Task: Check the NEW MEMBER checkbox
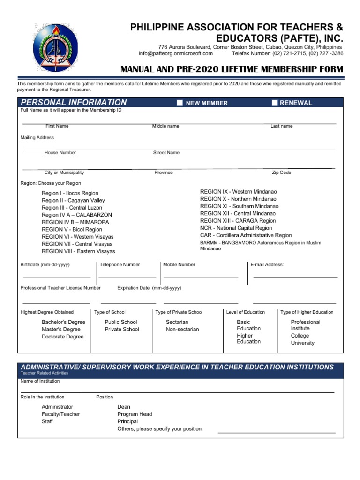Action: [180, 103]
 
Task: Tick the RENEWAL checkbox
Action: [275, 103]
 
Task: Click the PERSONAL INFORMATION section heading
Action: [74, 103]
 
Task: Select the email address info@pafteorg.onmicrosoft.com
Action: [176, 53]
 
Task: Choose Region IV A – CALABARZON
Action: [76, 215]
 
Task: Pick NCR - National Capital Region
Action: [236, 228]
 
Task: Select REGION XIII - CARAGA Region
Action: [238, 220]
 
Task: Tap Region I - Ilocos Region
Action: [70, 193]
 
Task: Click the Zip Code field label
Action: [281, 172]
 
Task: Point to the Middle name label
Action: [165, 126]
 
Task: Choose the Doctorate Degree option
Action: [62, 337]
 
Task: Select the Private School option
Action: [122, 329]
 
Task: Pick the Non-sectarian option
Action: [182, 329]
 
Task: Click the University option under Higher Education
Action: [302, 343]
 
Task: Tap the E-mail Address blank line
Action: [295, 277]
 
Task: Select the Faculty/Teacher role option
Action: [60, 414]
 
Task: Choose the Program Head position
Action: [135, 414]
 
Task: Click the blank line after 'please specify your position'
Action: [277, 432]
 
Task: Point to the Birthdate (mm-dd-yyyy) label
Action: [45, 264]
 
